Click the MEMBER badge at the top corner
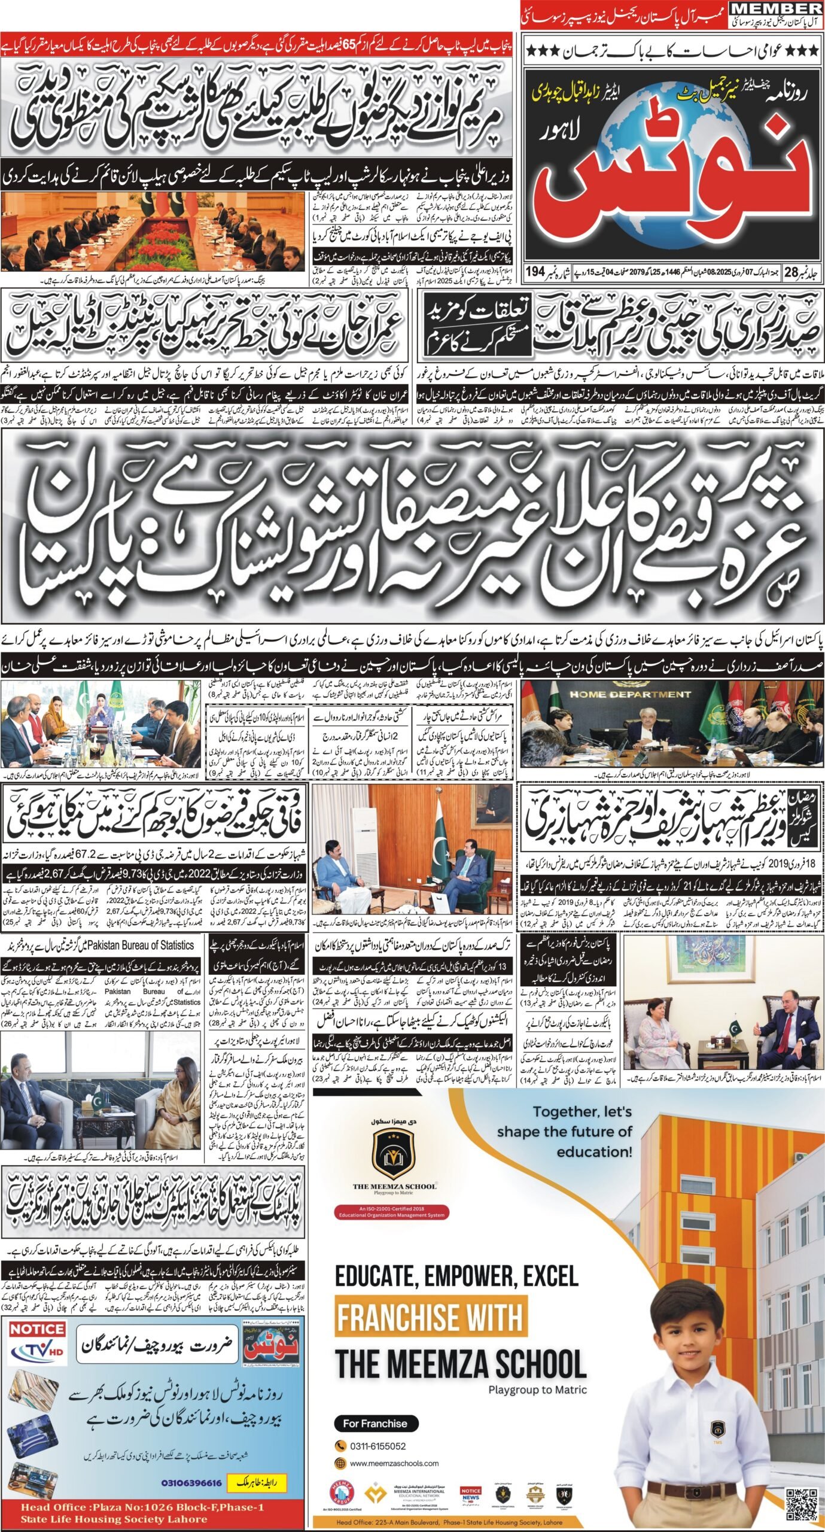(776, 8)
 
